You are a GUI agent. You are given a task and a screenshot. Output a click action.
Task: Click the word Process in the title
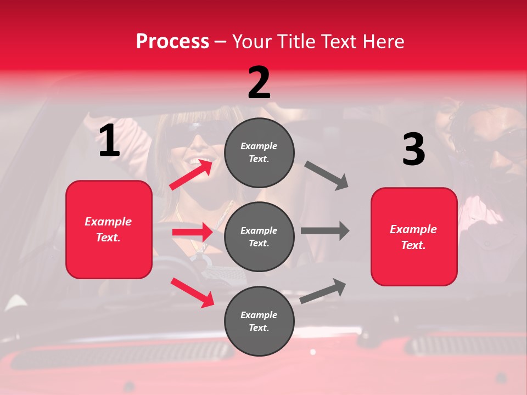(172, 41)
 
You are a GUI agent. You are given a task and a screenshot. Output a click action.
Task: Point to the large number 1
(109, 141)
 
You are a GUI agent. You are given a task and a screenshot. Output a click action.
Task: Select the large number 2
(259, 83)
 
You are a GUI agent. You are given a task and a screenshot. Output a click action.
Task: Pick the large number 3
(413, 150)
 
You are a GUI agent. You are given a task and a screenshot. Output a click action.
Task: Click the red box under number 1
(109, 229)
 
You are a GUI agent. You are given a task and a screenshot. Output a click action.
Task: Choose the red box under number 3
(414, 236)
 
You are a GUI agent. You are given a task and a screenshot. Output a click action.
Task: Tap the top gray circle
(259, 153)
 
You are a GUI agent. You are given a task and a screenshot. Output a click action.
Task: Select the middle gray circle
(259, 236)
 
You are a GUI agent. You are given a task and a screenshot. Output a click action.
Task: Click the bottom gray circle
(259, 321)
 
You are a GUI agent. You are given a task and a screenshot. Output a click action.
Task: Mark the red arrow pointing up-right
(191, 174)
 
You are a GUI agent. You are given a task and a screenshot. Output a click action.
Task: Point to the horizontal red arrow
(192, 232)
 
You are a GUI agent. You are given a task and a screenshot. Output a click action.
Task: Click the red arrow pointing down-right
(192, 292)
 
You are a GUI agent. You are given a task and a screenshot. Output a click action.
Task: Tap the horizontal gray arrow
(325, 230)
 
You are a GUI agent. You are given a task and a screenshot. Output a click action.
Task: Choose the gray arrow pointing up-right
(323, 291)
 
